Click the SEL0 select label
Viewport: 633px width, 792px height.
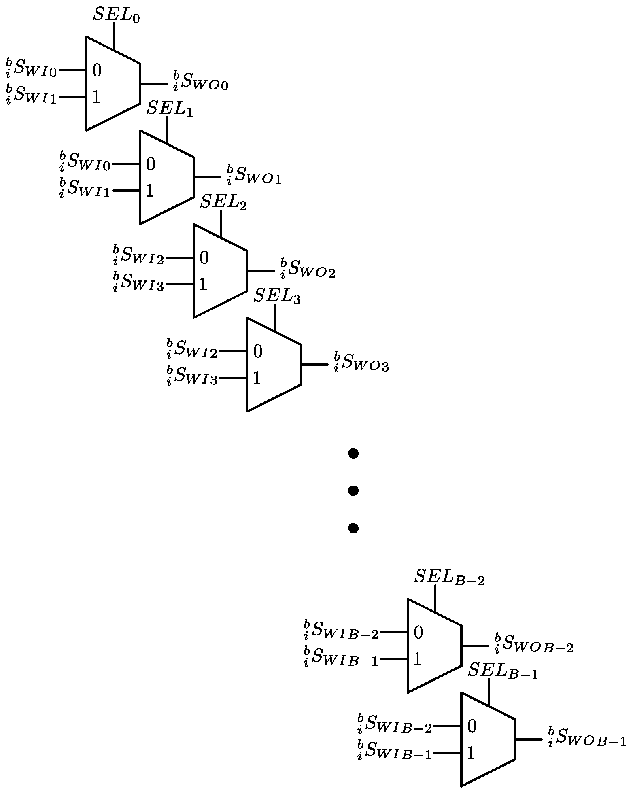(x=116, y=15)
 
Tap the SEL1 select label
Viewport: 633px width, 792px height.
(x=169, y=109)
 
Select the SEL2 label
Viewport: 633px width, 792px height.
(x=223, y=202)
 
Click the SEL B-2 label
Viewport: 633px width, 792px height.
(x=449, y=578)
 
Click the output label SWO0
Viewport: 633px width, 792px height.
(x=200, y=81)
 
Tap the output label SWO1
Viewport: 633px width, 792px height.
(x=254, y=175)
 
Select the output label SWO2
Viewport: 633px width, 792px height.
(x=308, y=269)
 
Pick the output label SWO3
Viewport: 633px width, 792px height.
(x=361, y=363)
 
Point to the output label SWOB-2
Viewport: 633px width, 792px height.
(x=533, y=644)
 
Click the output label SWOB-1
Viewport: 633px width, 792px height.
(x=587, y=738)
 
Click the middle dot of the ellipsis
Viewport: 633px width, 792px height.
(x=353, y=491)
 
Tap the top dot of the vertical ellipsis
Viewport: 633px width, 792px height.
(x=353, y=454)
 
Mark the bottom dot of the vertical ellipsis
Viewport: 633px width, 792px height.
(x=353, y=528)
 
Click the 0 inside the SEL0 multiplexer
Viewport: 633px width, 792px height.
(x=97, y=71)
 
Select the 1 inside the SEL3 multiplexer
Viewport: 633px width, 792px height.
(x=257, y=378)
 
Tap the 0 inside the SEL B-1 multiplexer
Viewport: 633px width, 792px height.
(x=472, y=726)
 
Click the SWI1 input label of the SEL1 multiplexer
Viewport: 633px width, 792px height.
(x=85, y=189)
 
